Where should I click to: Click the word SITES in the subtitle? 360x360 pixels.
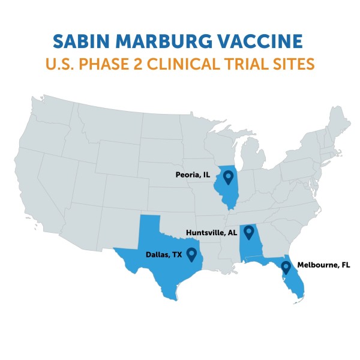point(295,64)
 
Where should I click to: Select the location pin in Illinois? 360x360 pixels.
point(229,177)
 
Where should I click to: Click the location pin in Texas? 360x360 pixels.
point(192,254)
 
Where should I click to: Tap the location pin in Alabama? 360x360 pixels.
point(248,233)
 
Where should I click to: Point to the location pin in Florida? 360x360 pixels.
point(287,268)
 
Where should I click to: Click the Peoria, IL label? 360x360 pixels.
point(193,175)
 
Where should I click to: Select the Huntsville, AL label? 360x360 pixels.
point(211,233)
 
